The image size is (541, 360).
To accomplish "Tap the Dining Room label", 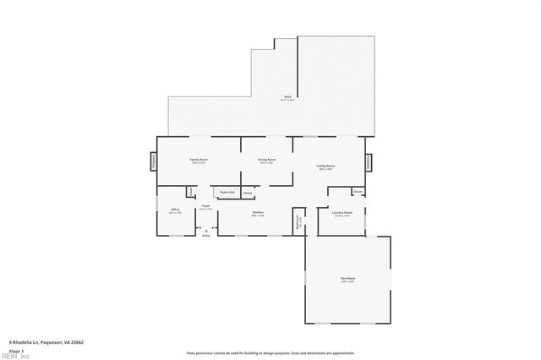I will [x=267, y=160].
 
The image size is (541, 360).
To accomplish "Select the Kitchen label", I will [x=258, y=213].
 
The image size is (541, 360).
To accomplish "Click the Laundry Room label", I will [x=342, y=213].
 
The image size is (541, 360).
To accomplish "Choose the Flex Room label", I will [x=347, y=280].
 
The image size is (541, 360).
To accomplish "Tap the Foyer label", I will [x=205, y=206].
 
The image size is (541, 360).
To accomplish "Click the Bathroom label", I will [x=298, y=222].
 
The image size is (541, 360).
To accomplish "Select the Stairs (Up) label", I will [x=227, y=193].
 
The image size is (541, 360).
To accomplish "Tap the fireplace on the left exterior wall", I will [x=154, y=161].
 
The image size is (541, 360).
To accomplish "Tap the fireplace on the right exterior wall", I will [x=369, y=161].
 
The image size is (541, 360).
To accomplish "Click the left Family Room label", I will [x=199, y=160].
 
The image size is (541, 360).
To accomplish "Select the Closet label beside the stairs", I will [x=248, y=193].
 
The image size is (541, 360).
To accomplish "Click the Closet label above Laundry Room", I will [x=358, y=192].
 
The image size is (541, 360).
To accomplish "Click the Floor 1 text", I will [x=17, y=349].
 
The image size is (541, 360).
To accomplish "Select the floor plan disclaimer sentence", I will [x=271, y=352].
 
